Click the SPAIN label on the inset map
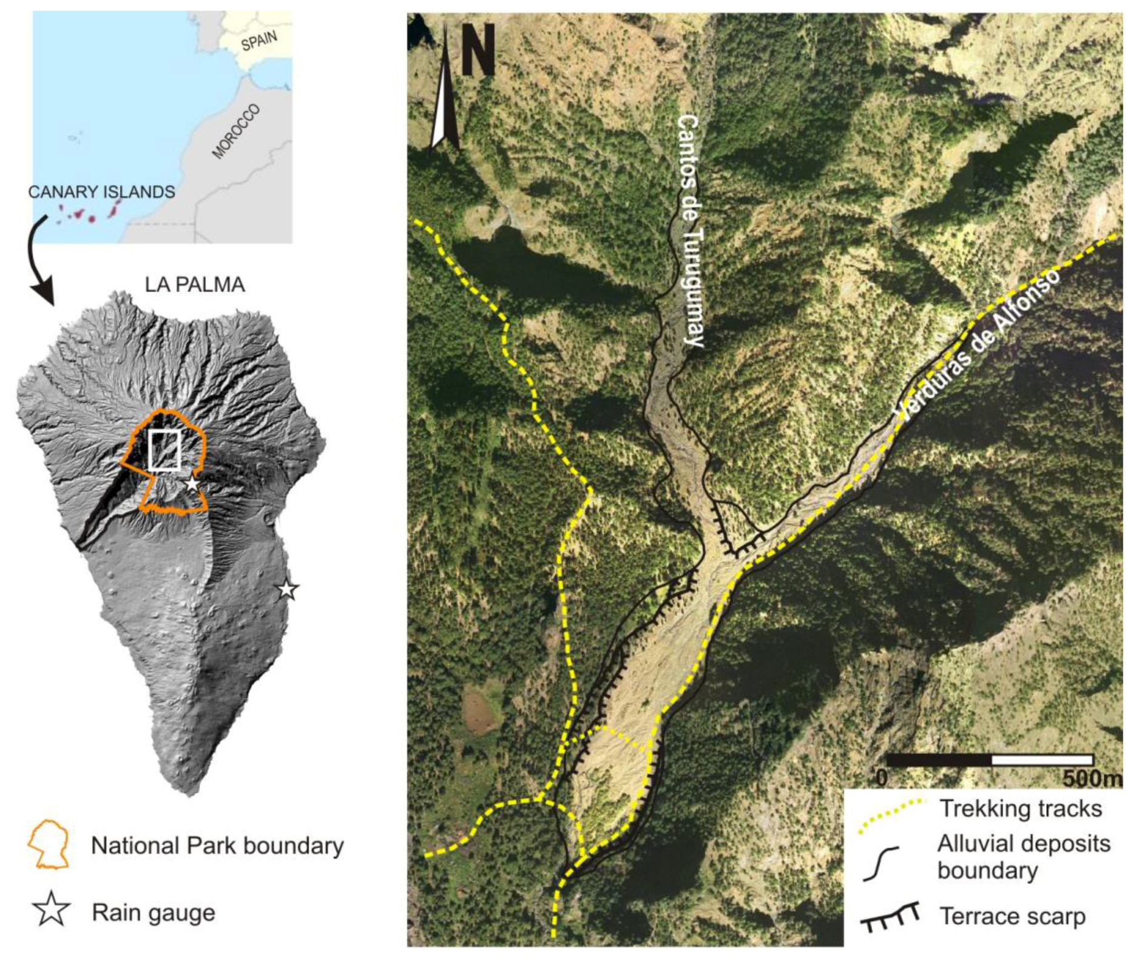[x=259, y=41]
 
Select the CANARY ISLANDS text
[x=101, y=192]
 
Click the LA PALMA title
[x=194, y=285]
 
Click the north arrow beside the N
[x=445, y=91]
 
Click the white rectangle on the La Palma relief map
[x=165, y=450]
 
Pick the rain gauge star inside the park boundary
[x=192, y=484]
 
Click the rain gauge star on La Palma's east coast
[x=287, y=589]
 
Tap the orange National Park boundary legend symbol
[x=49, y=845]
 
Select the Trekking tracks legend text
[x=1021, y=808]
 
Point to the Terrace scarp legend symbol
[x=890, y=917]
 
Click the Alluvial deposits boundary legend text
[x=1023, y=857]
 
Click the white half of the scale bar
[x=1042, y=760]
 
